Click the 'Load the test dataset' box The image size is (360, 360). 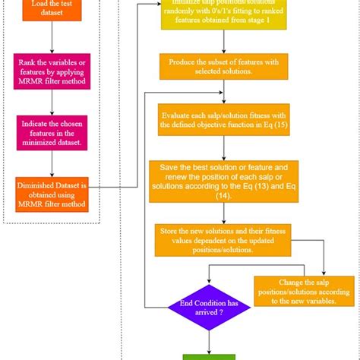[x=52, y=8]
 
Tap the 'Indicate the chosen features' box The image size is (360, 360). [x=52, y=131]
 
